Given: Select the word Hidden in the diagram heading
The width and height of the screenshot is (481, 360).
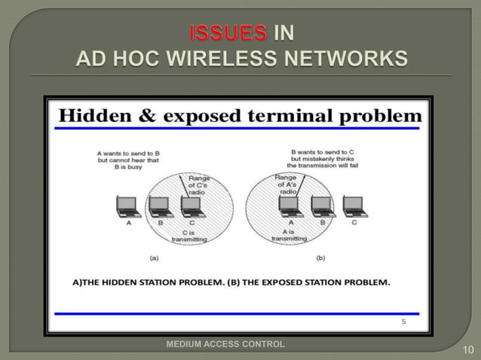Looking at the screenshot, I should coord(96,116).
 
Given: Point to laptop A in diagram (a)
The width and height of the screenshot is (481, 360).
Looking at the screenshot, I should coord(127,205).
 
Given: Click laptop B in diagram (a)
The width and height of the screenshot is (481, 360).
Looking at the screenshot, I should coord(159,205).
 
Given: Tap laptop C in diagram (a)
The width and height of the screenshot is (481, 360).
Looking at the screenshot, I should coord(191,205).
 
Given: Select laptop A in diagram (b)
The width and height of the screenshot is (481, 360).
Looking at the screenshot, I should coord(288,205).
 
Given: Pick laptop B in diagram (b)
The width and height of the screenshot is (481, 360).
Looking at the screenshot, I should coord(322,205).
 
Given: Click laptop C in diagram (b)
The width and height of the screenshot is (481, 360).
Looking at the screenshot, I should coord(354,205).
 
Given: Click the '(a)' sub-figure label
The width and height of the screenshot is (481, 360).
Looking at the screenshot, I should coord(155,257).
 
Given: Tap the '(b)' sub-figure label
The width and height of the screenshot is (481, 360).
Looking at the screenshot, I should coord(321,257).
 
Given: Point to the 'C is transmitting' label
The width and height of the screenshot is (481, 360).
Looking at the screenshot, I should coord(184,236).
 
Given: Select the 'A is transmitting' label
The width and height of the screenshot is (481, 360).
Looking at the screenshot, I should coord(289,236).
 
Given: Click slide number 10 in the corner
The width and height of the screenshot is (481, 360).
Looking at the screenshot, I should coord(467,349).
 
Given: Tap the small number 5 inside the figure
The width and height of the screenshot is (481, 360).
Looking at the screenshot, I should coord(403,320).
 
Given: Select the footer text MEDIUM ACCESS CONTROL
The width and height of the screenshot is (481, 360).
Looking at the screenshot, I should coord(225,344).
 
